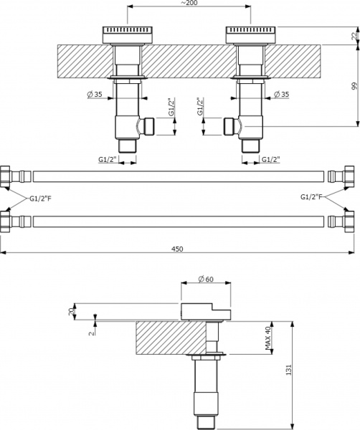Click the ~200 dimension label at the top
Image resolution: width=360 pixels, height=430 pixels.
pos(189,4)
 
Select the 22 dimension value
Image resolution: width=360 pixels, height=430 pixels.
pos(355,37)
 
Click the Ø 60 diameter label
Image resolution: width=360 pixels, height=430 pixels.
pos(206,279)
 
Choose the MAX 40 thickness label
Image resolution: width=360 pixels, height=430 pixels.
pos(267,338)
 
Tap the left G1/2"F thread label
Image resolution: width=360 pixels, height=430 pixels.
pos(40,197)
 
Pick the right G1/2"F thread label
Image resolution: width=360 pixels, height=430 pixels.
pos(311,197)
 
